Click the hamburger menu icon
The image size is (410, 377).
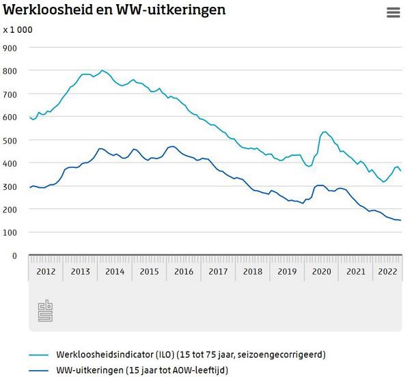coord(393,12)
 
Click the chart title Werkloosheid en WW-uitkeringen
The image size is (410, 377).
coord(115,10)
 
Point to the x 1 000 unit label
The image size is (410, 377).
coord(18,29)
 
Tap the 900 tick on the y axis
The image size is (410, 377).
coord(10,47)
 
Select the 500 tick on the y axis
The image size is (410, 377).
coord(10,140)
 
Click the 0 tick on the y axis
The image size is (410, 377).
coord(14,255)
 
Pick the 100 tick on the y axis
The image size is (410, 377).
coord(10,232)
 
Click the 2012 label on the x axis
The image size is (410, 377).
coord(46,271)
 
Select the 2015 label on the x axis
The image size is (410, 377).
coord(150,271)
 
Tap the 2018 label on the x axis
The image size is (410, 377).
coord(253,271)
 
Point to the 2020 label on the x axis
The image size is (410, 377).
coord(322,271)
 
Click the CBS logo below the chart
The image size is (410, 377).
coord(45,311)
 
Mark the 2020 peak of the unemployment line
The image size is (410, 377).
coord(324,132)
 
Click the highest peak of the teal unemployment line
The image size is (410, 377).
coord(102,70)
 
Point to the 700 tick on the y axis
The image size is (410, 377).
coord(10,94)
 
